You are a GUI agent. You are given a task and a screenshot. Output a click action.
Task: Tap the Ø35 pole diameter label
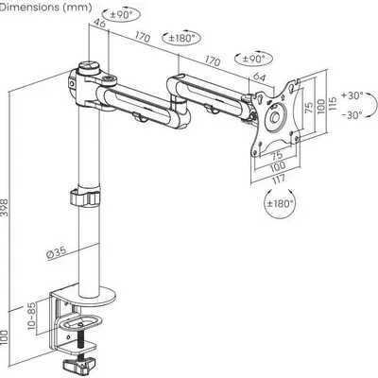[57, 252]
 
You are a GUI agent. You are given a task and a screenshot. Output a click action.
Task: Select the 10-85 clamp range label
[32, 316]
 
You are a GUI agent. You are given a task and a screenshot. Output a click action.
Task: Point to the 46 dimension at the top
[100, 24]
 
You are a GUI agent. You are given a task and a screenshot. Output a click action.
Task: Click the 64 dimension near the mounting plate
[260, 77]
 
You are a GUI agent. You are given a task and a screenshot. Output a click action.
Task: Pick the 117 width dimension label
[277, 180]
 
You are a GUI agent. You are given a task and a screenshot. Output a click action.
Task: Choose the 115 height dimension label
[333, 103]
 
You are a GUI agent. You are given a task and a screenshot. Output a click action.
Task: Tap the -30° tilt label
[352, 115]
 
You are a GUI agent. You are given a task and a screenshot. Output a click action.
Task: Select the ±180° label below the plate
[280, 203]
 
